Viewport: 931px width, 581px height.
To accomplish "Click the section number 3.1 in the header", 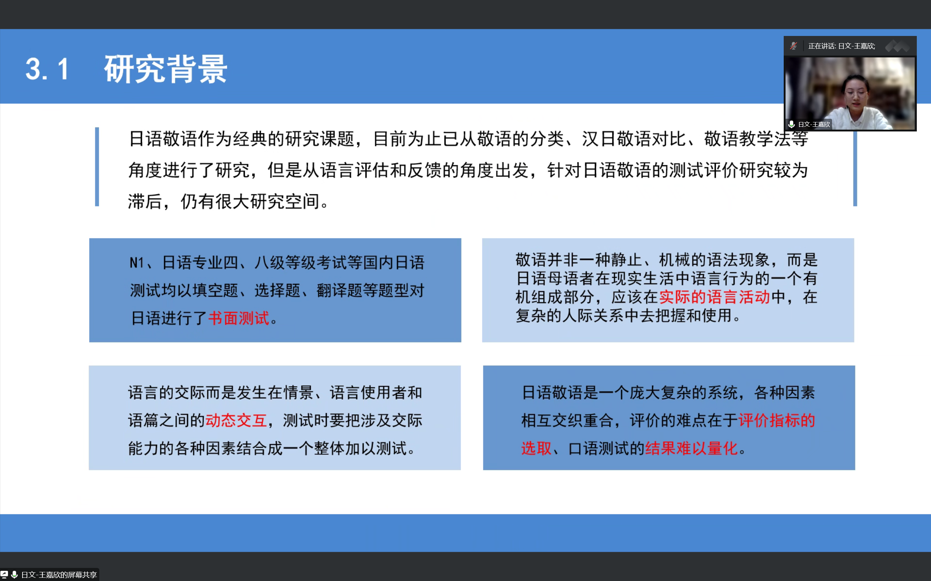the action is [x=47, y=69].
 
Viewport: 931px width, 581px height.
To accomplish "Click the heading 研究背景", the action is [x=166, y=69].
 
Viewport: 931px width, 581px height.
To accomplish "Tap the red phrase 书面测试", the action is [x=239, y=318].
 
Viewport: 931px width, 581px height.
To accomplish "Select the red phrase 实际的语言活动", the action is [x=714, y=297].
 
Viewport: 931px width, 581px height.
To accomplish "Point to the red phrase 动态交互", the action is [x=236, y=420].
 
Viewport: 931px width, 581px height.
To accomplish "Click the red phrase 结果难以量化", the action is [x=691, y=448].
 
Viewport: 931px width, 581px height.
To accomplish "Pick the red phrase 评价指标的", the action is [x=777, y=420].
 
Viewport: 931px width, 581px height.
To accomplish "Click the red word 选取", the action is [x=536, y=448].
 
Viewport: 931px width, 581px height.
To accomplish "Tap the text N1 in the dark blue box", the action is [x=137, y=263].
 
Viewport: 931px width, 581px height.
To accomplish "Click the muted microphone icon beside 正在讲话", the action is [x=793, y=46].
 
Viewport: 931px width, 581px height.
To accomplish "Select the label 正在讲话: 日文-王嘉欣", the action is [x=842, y=46].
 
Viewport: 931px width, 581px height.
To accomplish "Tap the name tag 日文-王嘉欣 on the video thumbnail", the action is [x=814, y=124].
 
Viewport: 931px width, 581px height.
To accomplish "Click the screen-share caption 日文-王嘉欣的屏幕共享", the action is [x=59, y=574].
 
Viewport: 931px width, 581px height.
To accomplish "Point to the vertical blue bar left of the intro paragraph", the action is [x=97, y=167].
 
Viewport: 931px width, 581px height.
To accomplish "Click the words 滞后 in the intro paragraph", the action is [x=145, y=201].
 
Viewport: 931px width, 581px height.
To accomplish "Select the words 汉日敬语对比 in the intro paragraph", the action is [x=634, y=139].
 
